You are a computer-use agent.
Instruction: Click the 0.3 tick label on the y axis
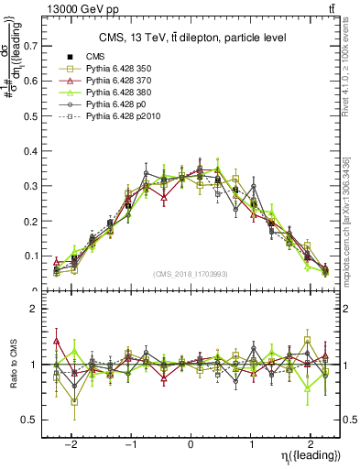[30, 185]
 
